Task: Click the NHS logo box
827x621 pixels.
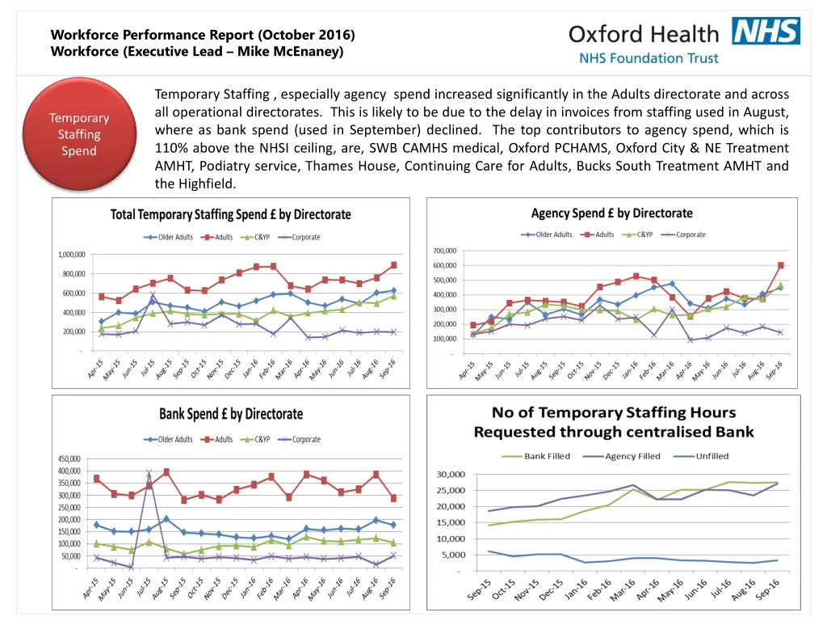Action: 766,31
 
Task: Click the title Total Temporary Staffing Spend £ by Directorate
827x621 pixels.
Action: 231,215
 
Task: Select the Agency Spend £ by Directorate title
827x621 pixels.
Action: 611,213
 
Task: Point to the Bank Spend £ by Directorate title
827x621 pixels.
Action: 231,414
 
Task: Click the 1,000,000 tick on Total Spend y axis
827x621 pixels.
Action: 71,254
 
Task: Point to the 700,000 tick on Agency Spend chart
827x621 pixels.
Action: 444,251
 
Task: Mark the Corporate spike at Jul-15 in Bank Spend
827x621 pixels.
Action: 149,474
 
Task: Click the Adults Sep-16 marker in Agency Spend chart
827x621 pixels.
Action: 781,265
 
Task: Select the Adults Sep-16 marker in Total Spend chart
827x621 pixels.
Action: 393,265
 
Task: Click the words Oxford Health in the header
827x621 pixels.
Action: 643,34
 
